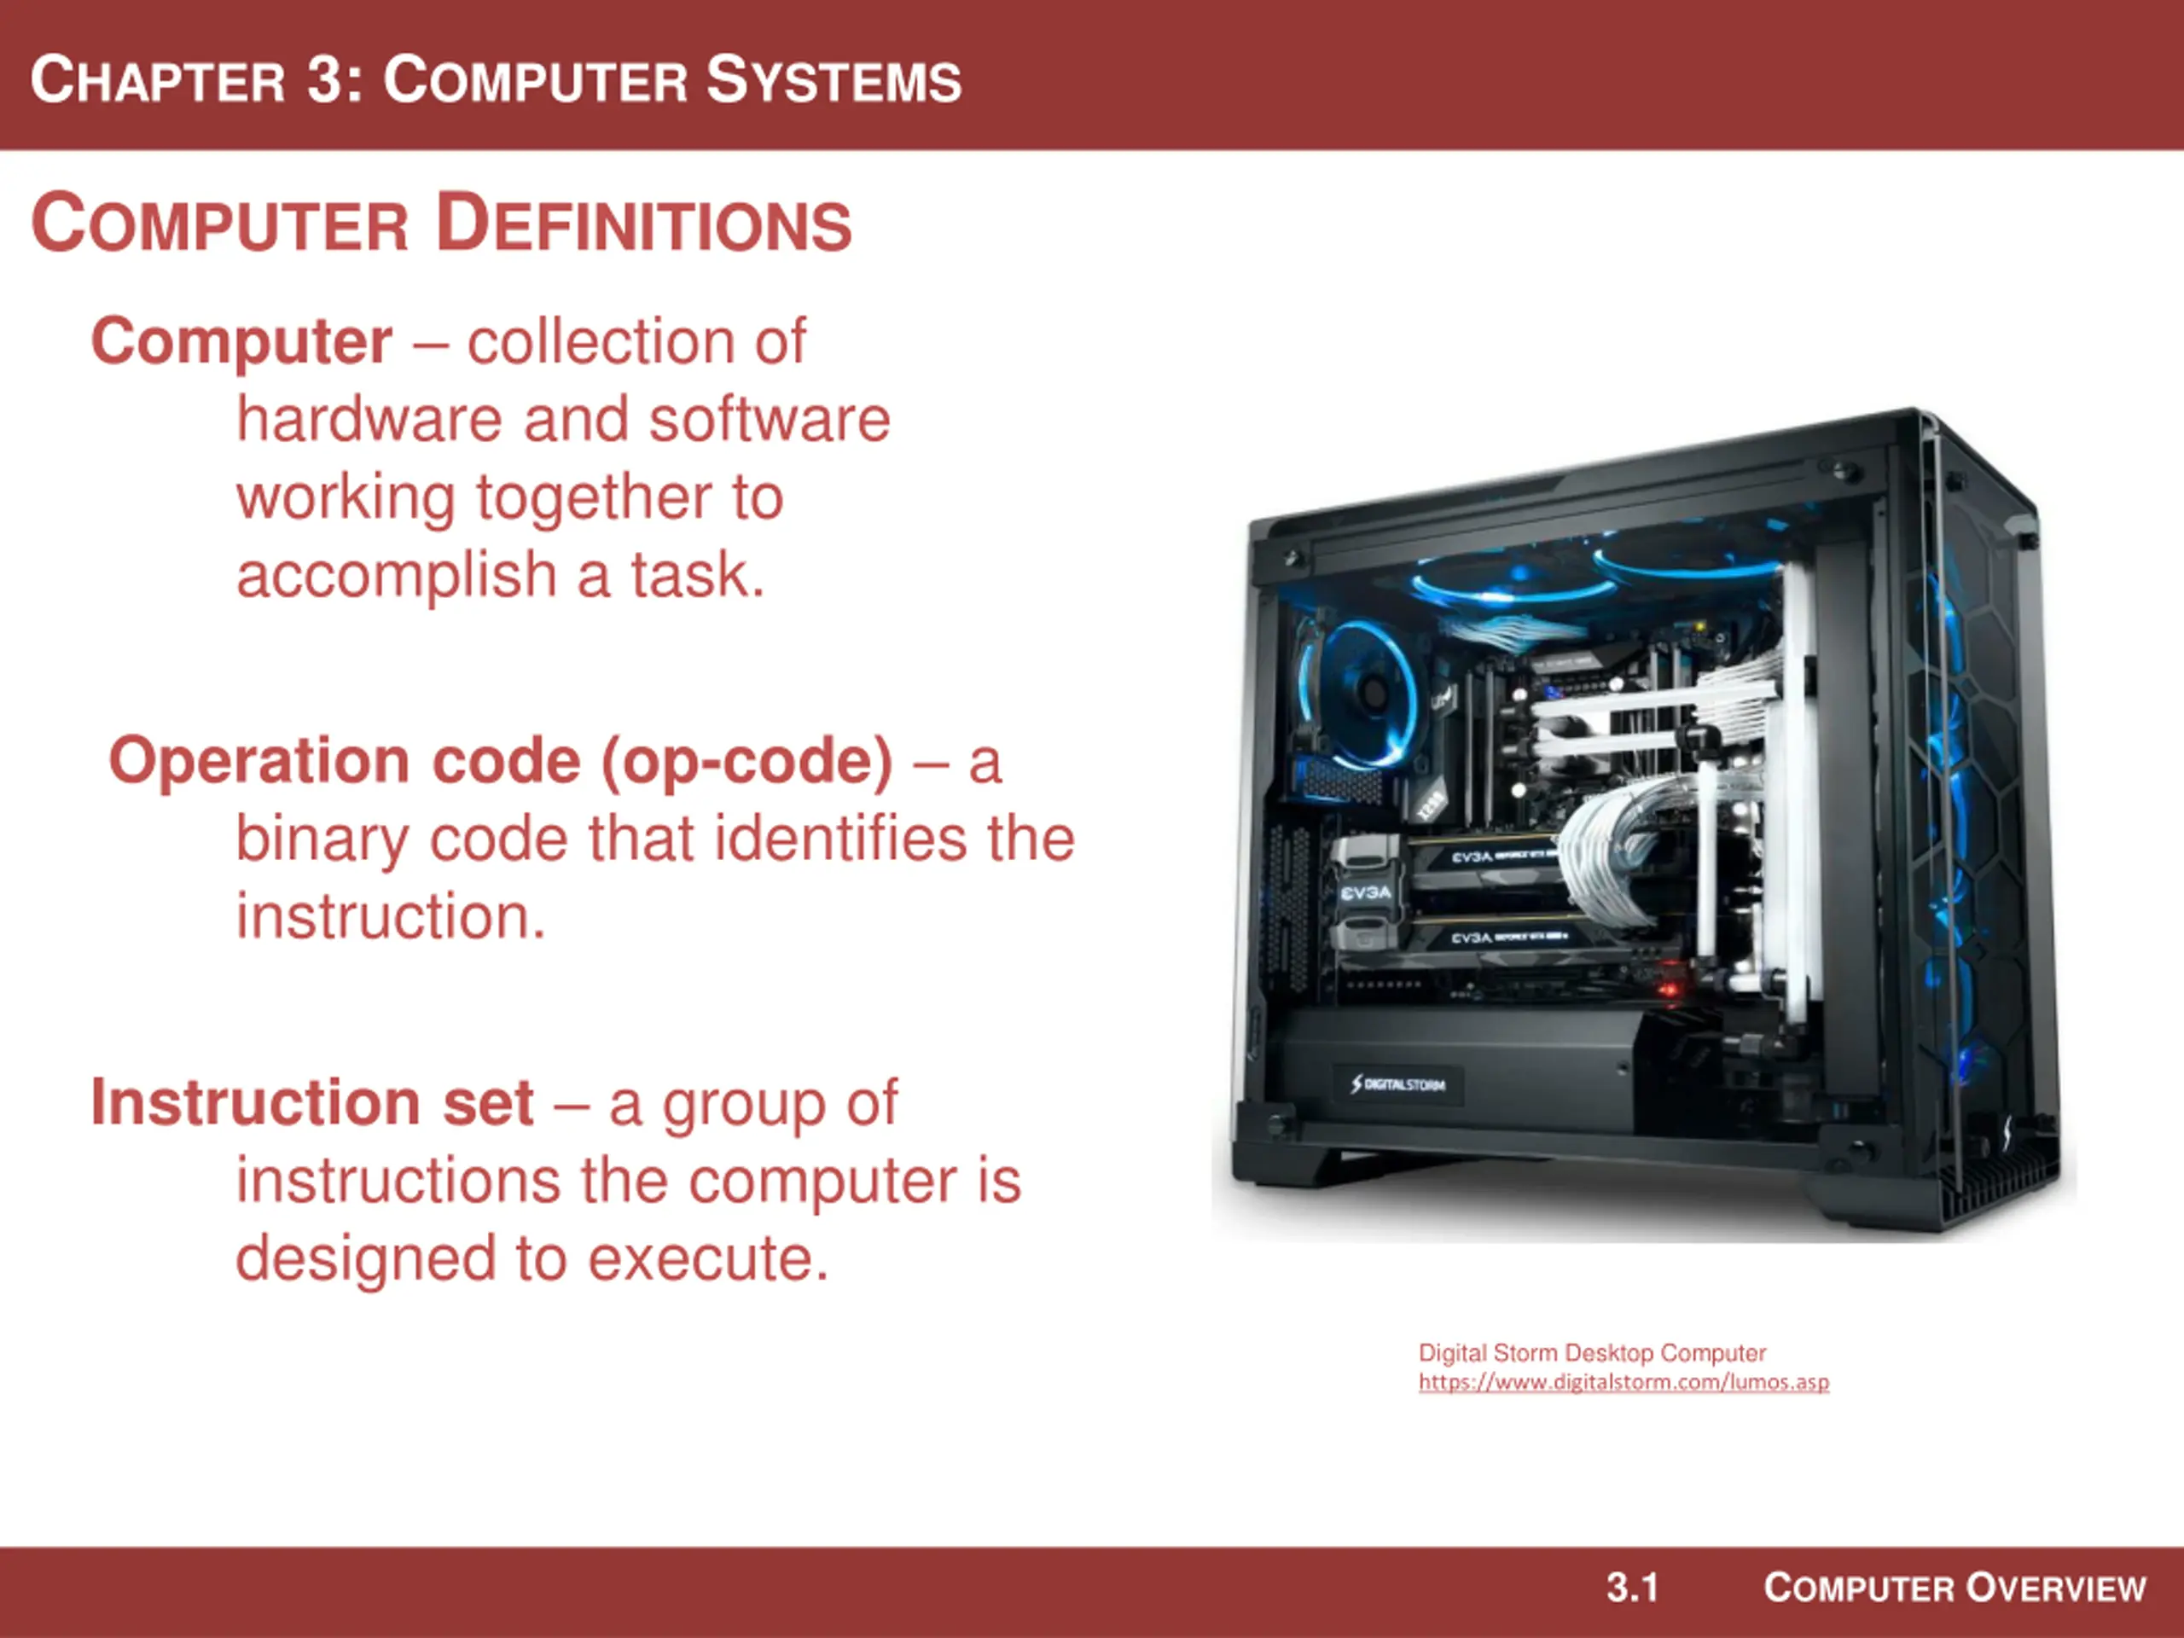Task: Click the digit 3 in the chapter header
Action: click(324, 79)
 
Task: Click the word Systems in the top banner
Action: click(834, 79)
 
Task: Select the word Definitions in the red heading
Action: click(644, 224)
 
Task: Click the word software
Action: click(770, 419)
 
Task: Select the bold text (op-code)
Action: click(746, 761)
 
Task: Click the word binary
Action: click(321, 840)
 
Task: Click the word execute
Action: click(709, 1259)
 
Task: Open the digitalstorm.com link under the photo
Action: click(1624, 1382)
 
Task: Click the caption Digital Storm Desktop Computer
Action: click(1593, 1353)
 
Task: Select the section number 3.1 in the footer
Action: click(1632, 1588)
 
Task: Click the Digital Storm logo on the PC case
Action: click(1398, 1084)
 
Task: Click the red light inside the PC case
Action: click(1670, 987)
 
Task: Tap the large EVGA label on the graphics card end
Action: click(1367, 892)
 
